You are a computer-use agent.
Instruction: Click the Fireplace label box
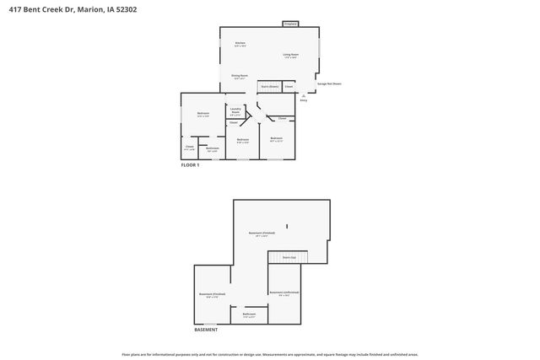(x=289, y=24)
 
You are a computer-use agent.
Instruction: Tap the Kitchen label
(x=240, y=43)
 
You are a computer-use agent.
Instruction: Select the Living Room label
(x=289, y=55)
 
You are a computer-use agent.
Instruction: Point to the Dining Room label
(x=240, y=76)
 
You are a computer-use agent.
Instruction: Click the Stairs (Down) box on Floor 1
(x=269, y=86)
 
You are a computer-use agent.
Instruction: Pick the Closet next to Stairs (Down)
(x=289, y=86)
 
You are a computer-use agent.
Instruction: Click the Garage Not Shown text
(x=329, y=84)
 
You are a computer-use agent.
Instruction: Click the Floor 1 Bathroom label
(x=213, y=149)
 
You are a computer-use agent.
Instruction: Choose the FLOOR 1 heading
(x=190, y=165)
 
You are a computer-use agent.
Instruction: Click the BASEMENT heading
(x=206, y=330)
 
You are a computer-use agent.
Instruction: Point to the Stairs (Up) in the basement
(x=289, y=257)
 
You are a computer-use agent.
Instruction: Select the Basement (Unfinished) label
(x=281, y=293)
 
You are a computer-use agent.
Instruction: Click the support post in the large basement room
(x=287, y=226)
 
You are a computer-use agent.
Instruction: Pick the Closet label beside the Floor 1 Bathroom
(x=190, y=147)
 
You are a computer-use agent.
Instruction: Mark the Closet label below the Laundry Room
(x=233, y=123)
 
